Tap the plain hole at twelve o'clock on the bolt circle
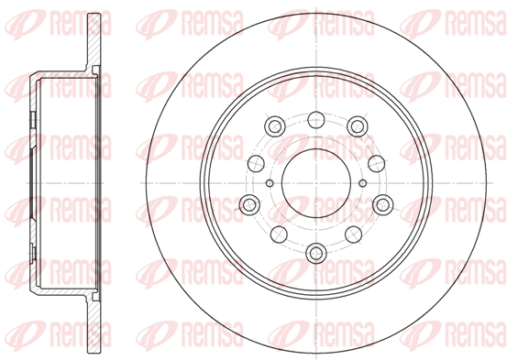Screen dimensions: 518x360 315,119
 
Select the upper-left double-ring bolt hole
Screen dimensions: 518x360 275,125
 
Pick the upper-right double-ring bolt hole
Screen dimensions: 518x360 358,125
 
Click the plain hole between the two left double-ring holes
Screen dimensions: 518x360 256,163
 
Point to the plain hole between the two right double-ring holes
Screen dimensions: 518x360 377,163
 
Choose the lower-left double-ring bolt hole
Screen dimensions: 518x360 249,205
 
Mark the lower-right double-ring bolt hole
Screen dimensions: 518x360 383,205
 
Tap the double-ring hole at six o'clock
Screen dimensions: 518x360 316,253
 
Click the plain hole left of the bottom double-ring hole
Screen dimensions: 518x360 279,235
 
